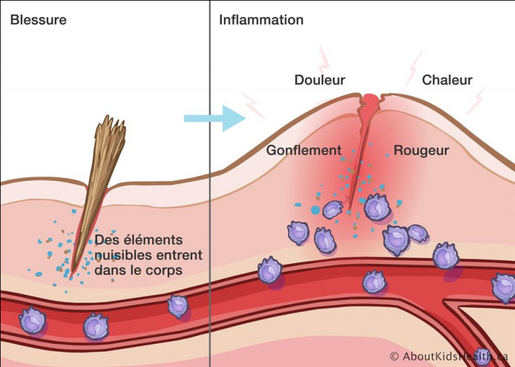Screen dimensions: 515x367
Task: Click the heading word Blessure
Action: [39, 20]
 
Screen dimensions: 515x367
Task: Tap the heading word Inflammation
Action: [261, 20]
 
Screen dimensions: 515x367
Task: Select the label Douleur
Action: [319, 80]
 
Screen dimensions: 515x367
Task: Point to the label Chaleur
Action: [447, 80]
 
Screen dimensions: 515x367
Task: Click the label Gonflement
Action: [304, 150]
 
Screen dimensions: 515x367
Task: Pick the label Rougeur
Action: [421, 150]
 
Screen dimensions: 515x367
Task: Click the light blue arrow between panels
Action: [215, 118]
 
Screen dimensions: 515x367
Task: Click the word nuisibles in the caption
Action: [123, 255]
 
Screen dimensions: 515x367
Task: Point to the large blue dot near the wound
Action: [315, 210]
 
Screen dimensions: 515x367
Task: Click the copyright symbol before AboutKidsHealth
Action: [395, 356]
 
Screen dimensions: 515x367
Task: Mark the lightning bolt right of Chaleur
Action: [476, 101]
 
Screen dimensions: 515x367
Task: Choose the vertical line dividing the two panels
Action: [210, 183]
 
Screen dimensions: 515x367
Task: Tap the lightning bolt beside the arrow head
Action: [252, 104]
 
